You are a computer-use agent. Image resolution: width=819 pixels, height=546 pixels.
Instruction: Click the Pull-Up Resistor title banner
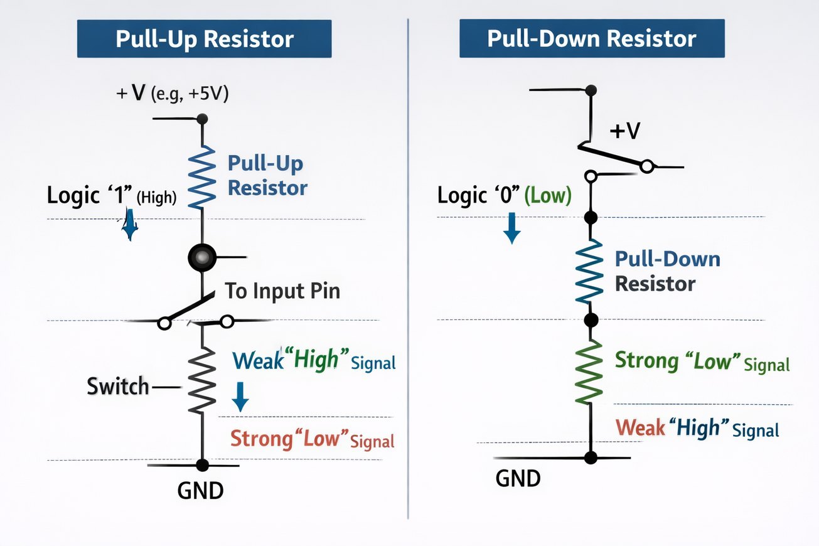(x=204, y=39)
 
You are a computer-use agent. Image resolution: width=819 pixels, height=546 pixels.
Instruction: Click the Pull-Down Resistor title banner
(x=591, y=39)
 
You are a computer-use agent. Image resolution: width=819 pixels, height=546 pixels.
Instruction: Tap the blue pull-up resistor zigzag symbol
(x=201, y=178)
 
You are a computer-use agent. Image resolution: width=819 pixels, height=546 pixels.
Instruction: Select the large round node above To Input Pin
(x=201, y=257)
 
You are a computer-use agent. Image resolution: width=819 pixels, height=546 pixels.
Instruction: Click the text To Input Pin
(x=282, y=291)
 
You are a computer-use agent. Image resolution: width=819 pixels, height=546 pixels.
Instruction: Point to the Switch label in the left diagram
(x=118, y=387)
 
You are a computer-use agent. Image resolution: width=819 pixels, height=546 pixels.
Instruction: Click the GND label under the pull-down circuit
(x=518, y=479)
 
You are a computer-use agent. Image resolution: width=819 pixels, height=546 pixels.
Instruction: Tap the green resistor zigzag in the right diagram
(x=589, y=372)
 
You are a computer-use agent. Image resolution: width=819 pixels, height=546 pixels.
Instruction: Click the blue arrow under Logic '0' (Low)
(x=512, y=227)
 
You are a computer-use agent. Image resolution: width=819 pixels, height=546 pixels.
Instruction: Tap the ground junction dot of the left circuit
(x=202, y=465)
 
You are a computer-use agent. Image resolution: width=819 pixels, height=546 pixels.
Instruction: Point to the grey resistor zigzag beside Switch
(x=201, y=380)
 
